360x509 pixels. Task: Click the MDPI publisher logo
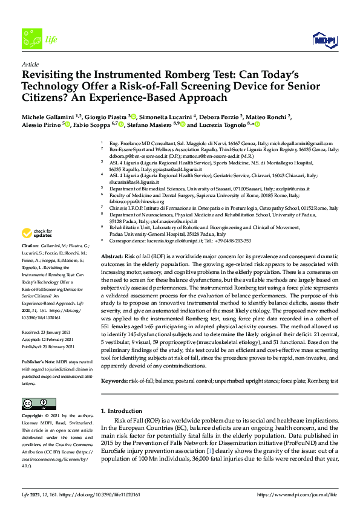[x=325, y=40]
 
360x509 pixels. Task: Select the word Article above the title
[x=30, y=63]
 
